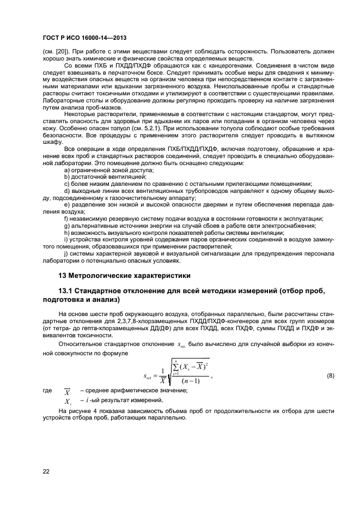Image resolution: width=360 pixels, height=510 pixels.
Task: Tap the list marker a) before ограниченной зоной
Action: tap(67, 171)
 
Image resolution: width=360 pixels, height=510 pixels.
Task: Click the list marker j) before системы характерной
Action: tap(66, 254)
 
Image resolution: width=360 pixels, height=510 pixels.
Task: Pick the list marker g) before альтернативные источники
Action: tap(67, 226)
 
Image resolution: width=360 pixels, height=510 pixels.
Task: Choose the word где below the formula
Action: tap(46, 391)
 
